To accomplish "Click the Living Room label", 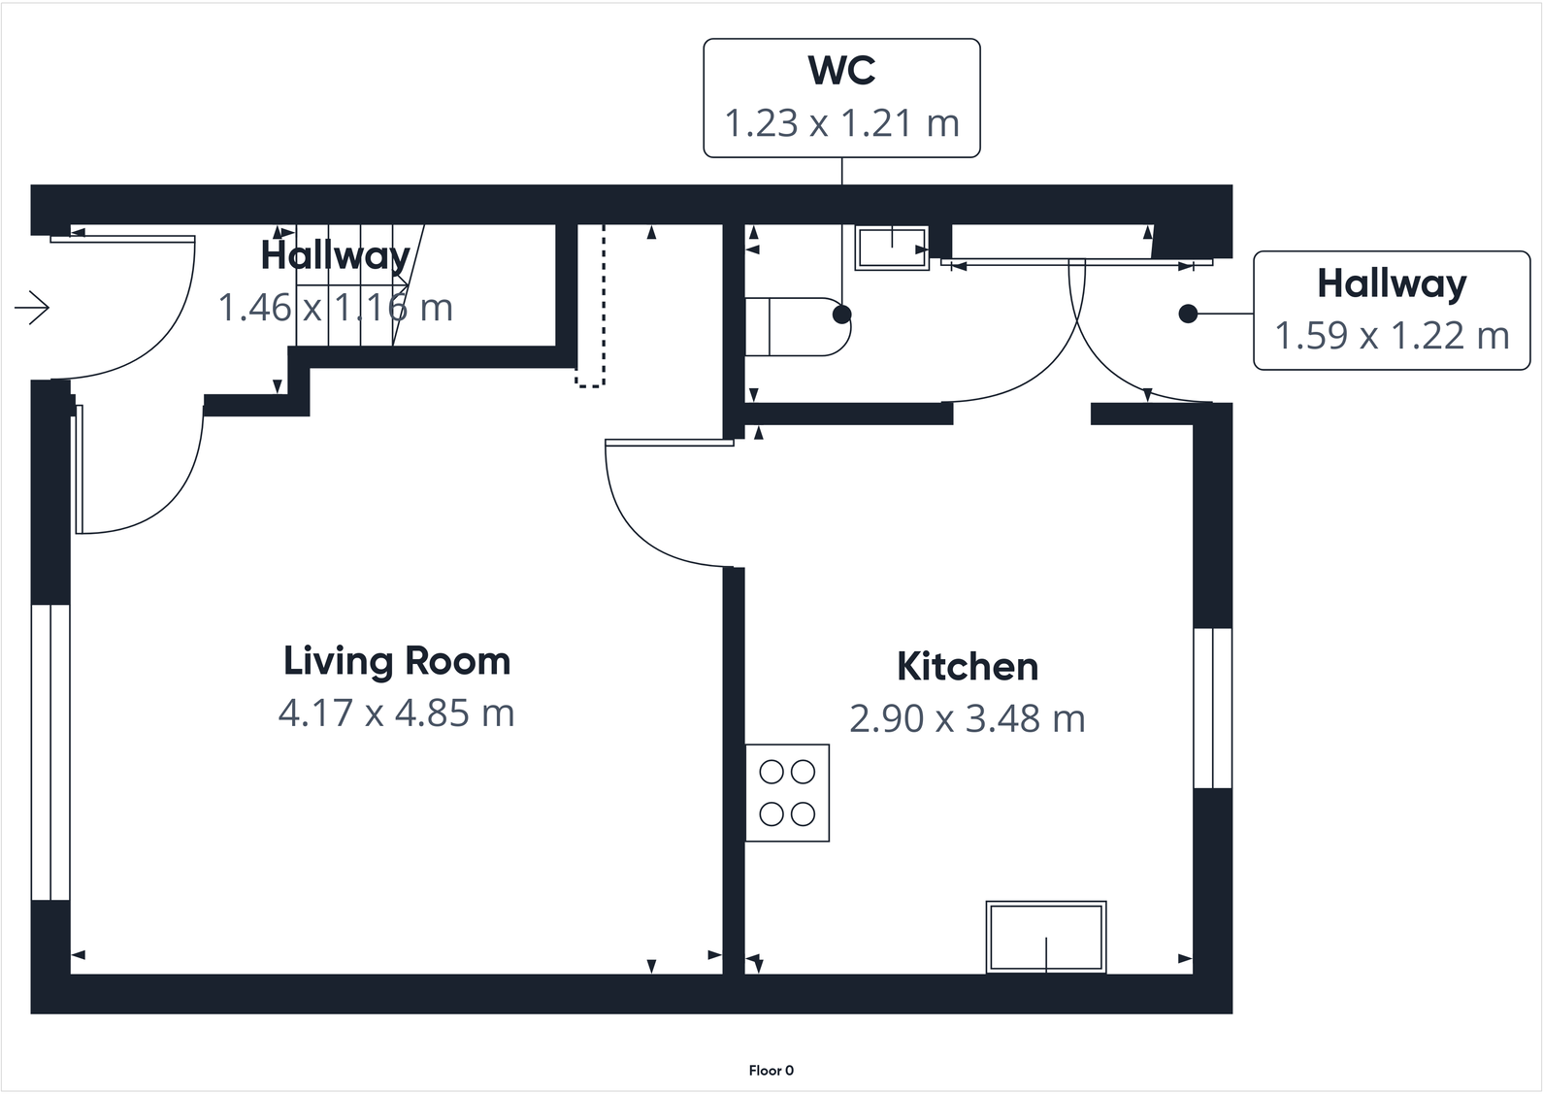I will pos(396,661).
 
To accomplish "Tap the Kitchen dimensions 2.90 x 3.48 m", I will pos(967,719).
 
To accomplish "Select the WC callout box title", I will pos(841,71).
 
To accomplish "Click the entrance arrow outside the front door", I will pos(33,308).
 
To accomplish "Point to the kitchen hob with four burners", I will pos(787,792).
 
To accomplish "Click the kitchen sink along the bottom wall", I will pos(1046,936).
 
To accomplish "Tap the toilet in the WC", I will pos(796,327).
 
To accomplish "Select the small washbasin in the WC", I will pos(891,248).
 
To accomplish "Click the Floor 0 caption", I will pos(771,1071).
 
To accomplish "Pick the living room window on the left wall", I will pos(50,752).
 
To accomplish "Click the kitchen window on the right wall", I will pos(1212,708).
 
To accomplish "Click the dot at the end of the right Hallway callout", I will pos(1187,314).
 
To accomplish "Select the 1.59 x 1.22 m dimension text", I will pos(1391,336).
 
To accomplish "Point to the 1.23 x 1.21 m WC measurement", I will pos(841,123).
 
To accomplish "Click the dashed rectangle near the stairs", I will pos(590,307).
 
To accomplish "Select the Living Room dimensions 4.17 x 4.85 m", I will pos(396,713).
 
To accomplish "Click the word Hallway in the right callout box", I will pos(1391,283).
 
